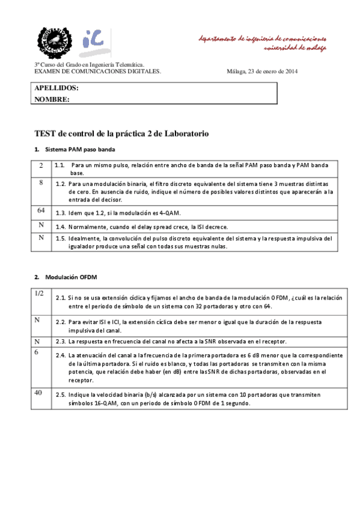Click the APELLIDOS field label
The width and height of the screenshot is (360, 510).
point(56,88)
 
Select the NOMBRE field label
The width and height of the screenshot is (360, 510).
point(52,99)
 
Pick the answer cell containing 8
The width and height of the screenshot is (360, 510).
point(41,182)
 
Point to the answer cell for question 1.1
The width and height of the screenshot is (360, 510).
point(41,165)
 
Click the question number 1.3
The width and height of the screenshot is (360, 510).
point(60,213)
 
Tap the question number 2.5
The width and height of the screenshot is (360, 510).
point(60,395)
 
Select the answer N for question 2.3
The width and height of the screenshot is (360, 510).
point(37,341)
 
